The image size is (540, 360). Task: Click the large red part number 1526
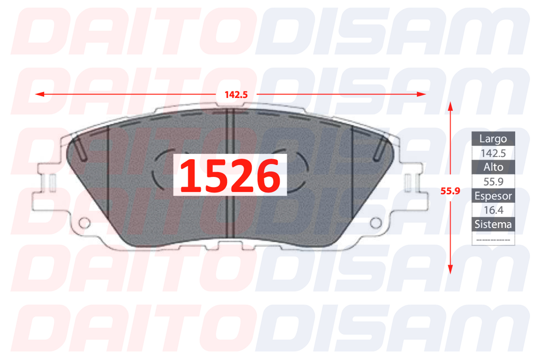point(230,175)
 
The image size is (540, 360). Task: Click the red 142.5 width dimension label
point(236,95)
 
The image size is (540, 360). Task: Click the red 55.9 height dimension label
point(450,191)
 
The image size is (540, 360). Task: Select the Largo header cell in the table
point(493,139)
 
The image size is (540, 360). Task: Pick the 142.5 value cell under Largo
point(493,153)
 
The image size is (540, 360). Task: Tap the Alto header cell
point(493,167)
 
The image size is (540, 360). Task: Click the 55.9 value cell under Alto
point(493,182)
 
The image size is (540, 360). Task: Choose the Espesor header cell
point(493,196)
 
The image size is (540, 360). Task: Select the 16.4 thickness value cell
point(493,210)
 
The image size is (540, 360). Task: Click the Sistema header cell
point(493,224)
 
